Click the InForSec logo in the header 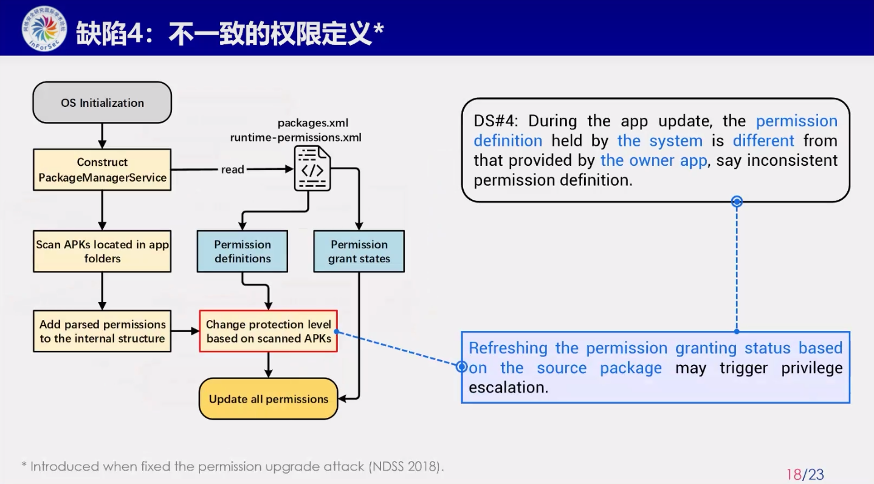(x=44, y=28)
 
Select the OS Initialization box (x=102, y=103)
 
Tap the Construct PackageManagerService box (x=102, y=170)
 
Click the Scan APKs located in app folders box (x=102, y=251)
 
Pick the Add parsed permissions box (x=102, y=332)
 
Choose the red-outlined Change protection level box (x=269, y=332)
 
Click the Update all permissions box (x=269, y=399)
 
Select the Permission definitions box (x=243, y=251)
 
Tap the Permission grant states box (x=359, y=251)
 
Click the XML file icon (x=312, y=168)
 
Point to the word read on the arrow (x=232, y=169)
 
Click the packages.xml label (x=313, y=123)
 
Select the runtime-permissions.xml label (x=295, y=137)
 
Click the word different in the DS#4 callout (x=763, y=141)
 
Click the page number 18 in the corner (x=794, y=474)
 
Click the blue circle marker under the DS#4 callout (x=737, y=201)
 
